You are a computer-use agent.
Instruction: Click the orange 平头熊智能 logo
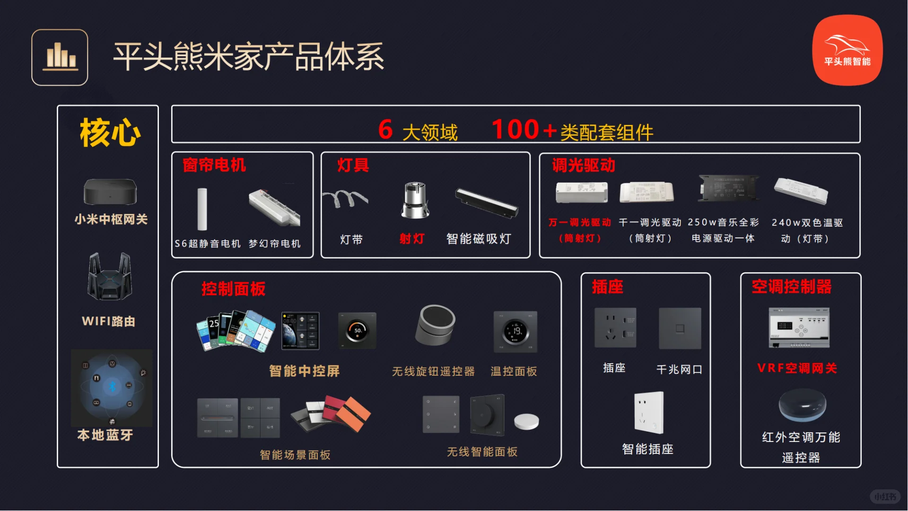pos(847,50)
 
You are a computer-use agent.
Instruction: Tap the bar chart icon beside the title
pos(60,57)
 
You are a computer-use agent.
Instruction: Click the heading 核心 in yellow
pos(110,133)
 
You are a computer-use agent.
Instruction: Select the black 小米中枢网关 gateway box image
pos(110,191)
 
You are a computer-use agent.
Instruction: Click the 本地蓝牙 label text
pos(105,435)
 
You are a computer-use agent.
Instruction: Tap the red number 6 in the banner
pos(385,129)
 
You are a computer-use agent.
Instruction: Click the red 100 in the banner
pos(515,129)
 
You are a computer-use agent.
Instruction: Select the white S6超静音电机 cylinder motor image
pos(202,209)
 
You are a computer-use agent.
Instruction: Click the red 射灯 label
pos(411,238)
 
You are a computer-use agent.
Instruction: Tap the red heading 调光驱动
pos(583,165)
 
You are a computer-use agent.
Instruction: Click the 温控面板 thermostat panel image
pos(515,331)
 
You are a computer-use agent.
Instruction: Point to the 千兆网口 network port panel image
pos(680,328)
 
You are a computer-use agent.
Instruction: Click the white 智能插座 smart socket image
pos(649,413)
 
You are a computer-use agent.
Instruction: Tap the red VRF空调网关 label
pos(797,368)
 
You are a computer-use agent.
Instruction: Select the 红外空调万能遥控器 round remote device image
pos(802,405)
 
